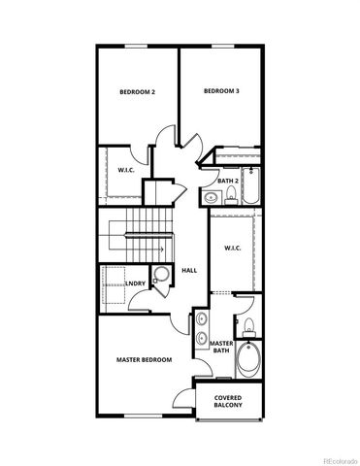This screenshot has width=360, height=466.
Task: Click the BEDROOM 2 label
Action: [x=138, y=92]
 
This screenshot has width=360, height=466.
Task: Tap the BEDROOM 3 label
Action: [x=221, y=91]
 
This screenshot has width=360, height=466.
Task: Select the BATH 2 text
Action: [x=228, y=181]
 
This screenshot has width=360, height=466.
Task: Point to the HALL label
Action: [x=189, y=270]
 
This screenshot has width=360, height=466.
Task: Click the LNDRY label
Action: [x=136, y=284]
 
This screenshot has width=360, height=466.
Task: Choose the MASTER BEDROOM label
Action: [x=144, y=359]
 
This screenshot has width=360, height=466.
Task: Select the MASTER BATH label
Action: [x=221, y=348]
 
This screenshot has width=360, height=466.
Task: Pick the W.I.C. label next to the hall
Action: [x=232, y=248]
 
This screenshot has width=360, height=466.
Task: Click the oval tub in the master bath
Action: [x=248, y=360]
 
